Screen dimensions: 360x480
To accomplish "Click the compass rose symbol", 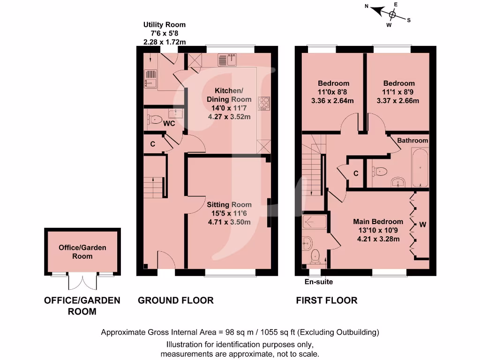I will click(393, 15).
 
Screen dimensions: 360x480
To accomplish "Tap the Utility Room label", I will click(164, 24).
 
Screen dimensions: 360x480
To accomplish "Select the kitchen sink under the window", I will click(229, 60).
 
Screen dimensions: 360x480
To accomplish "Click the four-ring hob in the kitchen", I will click(264, 103).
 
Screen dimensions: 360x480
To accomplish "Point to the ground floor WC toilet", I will click(155, 119).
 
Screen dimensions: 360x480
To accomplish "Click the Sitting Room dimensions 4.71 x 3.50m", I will click(229, 222).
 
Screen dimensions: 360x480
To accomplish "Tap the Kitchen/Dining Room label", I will click(229, 95).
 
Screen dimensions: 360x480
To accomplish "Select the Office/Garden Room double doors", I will click(82, 282).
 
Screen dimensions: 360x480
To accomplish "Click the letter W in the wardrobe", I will click(422, 225).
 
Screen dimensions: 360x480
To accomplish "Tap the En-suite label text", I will click(319, 282).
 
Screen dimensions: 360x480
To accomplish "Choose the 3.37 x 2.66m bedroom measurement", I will click(397, 100).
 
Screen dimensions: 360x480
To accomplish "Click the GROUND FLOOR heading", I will click(175, 300).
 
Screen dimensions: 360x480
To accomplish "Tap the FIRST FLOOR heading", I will click(326, 300).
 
